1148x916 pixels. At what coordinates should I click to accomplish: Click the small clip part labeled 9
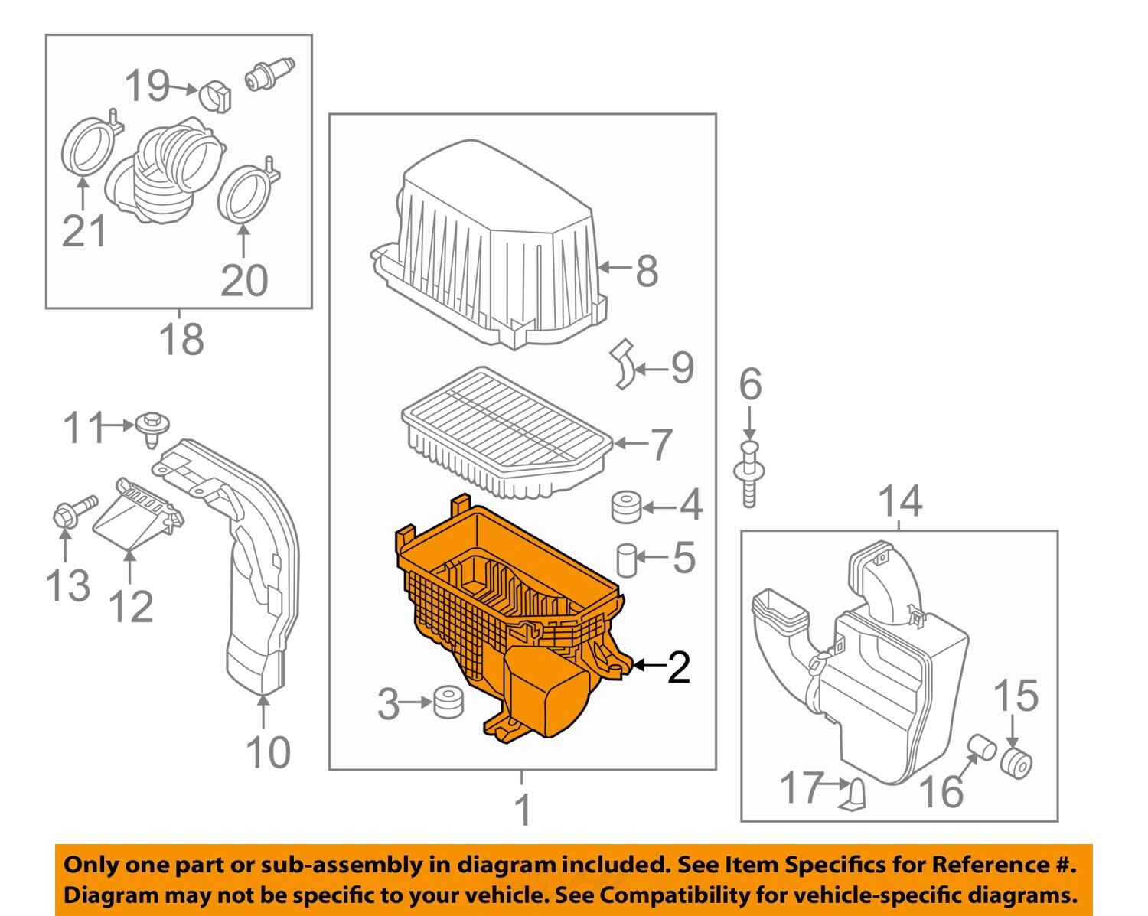(x=624, y=364)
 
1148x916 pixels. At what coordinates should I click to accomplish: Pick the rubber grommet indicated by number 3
(x=448, y=702)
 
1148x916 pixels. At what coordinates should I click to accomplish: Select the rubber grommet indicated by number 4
(x=626, y=507)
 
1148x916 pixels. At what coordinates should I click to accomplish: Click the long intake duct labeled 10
(x=256, y=582)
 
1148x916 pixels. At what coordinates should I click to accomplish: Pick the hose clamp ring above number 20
(x=246, y=191)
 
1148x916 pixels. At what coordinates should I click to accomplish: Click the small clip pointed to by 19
(x=214, y=96)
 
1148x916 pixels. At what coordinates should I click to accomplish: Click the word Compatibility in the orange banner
(x=674, y=895)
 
